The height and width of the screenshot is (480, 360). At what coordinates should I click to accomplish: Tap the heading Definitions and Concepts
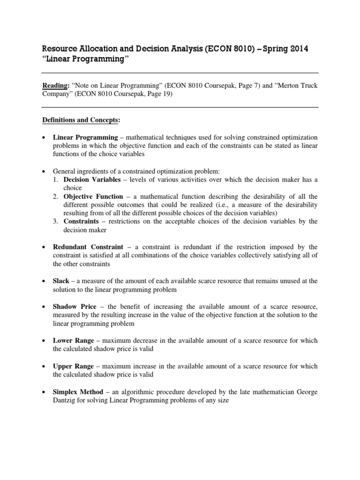tap(81, 120)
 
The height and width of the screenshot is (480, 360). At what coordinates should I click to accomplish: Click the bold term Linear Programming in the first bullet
tap(85, 137)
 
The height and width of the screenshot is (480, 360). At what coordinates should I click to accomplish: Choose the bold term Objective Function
tap(93, 196)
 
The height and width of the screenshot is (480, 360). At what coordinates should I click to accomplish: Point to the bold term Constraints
tap(81, 221)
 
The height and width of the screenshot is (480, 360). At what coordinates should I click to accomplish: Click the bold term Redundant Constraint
tap(88, 247)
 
